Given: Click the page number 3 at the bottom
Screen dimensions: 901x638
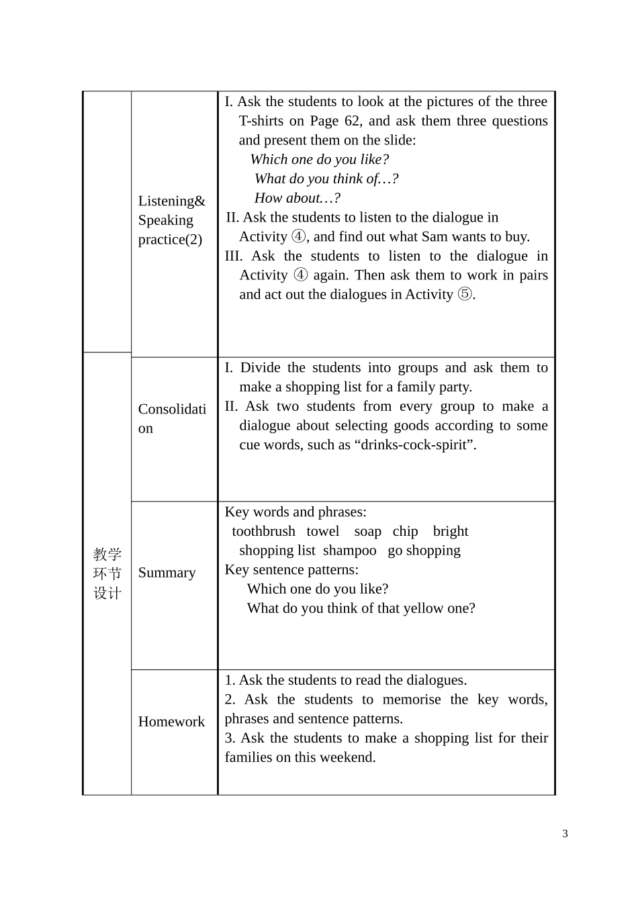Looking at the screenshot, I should point(565,834).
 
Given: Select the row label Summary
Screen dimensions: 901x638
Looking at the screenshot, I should point(167,573).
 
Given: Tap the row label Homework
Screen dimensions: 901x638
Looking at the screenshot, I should point(171,722).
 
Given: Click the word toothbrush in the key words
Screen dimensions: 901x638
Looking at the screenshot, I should point(263,531).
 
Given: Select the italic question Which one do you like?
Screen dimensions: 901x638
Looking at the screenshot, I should point(319,160).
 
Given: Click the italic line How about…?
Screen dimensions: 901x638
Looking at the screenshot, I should point(297,198).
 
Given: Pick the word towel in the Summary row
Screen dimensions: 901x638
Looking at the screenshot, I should point(323,531).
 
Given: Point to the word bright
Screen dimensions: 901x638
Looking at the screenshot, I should point(451,531).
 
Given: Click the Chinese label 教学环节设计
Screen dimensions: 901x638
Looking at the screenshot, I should point(107,573).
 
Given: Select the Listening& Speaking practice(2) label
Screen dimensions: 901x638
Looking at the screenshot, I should point(171,220).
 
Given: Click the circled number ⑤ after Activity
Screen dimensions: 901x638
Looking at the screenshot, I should point(465,295).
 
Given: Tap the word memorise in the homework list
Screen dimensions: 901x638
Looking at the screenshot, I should point(412,700).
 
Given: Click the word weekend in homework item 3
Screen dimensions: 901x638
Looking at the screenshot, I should point(348,757).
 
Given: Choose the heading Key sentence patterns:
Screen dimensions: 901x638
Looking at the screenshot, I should point(291,570).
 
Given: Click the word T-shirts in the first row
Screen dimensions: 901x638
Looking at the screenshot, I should point(263,121).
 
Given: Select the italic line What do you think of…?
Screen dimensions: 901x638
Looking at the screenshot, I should point(326,179).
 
